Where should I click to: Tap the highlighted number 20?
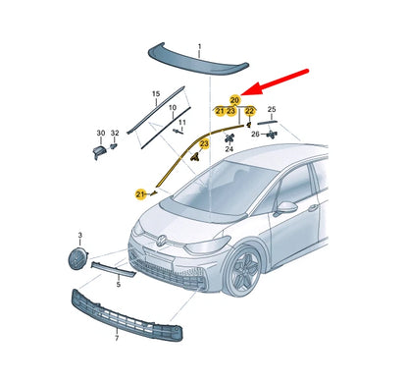click(x=234, y=99)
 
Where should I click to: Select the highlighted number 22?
click(x=250, y=111)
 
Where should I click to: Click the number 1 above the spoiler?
click(x=198, y=47)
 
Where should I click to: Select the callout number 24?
click(x=229, y=150)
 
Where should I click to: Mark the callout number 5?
click(x=118, y=284)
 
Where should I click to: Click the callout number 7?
click(x=117, y=338)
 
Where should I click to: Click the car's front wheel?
click(x=242, y=268)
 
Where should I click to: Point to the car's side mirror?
click(x=285, y=208)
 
